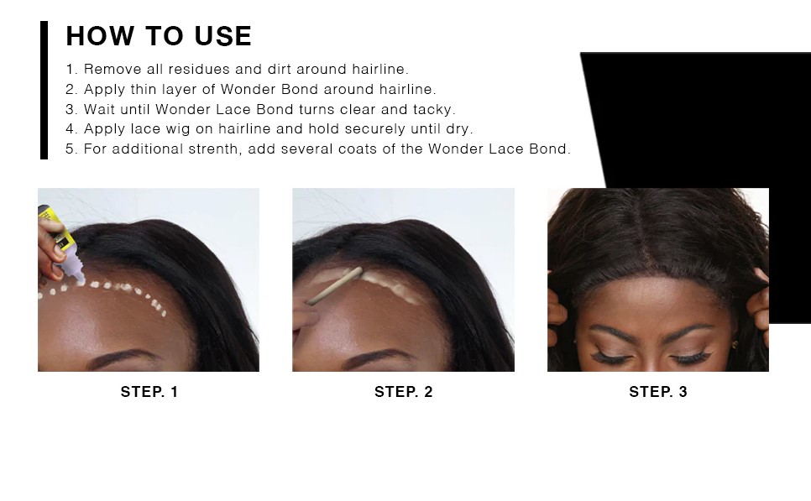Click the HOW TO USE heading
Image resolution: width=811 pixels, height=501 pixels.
[x=159, y=36]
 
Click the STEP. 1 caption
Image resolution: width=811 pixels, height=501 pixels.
[x=149, y=392]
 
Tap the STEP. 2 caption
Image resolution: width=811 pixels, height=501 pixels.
[x=404, y=392]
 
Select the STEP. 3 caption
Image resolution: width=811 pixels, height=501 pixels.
[x=658, y=392]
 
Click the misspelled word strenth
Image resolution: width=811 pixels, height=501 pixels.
[x=214, y=149]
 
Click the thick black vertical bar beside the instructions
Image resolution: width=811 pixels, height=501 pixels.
[x=44, y=90]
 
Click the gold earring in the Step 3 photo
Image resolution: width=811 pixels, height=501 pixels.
[x=735, y=344]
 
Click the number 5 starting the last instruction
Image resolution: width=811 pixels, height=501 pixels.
[x=70, y=149]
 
